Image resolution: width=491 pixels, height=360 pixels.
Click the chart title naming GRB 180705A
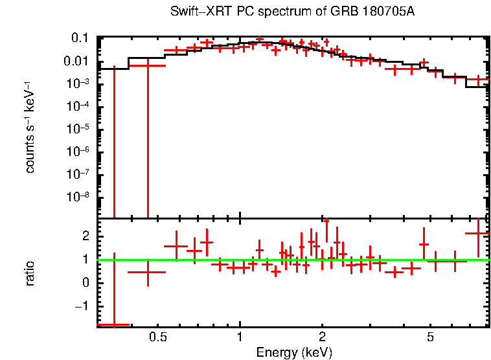tap(292, 12)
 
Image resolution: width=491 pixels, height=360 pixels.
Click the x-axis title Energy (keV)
tap(294, 352)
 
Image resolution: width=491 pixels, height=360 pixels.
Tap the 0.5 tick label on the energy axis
tap(158, 337)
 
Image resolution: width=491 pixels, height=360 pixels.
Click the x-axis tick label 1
tap(240, 337)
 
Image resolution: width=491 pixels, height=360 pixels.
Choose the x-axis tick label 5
tap(430, 337)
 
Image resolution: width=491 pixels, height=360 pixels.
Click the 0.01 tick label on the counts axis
tap(76, 62)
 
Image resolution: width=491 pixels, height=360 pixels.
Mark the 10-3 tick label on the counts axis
tap(78, 84)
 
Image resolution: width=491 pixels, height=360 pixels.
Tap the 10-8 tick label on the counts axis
tap(78, 196)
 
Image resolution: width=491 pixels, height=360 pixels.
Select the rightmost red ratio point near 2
tap(478, 233)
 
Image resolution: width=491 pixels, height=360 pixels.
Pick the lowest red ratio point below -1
tap(114, 324)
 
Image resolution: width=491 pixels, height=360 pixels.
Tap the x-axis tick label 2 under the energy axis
tap(322, 337)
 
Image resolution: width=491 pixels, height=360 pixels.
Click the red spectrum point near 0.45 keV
tap(148, 65)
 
